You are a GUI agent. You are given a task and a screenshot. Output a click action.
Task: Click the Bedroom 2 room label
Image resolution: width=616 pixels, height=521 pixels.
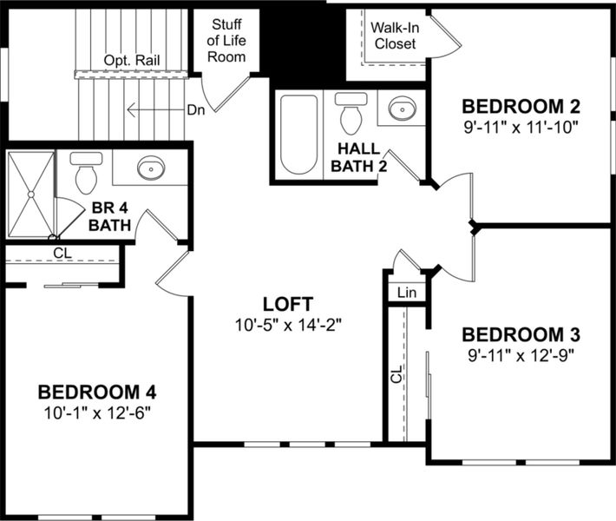click(520, 107)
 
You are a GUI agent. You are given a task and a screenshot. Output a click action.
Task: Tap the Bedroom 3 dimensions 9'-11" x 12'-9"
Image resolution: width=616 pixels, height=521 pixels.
click(520, 354)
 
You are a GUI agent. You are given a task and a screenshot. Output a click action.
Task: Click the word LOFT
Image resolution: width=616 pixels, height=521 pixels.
click(288, 304)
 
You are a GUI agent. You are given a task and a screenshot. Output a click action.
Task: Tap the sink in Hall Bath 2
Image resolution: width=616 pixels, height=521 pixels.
click(401, 109)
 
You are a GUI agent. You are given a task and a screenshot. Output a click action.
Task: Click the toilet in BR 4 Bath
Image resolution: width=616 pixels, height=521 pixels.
click(86, 173)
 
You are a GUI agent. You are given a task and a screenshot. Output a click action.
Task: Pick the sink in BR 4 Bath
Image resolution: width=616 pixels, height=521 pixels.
click(150, 167)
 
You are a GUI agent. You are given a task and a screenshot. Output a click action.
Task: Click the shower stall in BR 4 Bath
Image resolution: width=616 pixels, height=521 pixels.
click(30, 194)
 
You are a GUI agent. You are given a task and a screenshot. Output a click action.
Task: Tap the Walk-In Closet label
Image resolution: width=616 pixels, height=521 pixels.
click(396, 36)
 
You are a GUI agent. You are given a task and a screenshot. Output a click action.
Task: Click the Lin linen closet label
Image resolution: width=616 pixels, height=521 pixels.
click(406, 293)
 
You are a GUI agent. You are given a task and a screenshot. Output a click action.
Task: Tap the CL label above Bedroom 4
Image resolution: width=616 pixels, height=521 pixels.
click(62, 253)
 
